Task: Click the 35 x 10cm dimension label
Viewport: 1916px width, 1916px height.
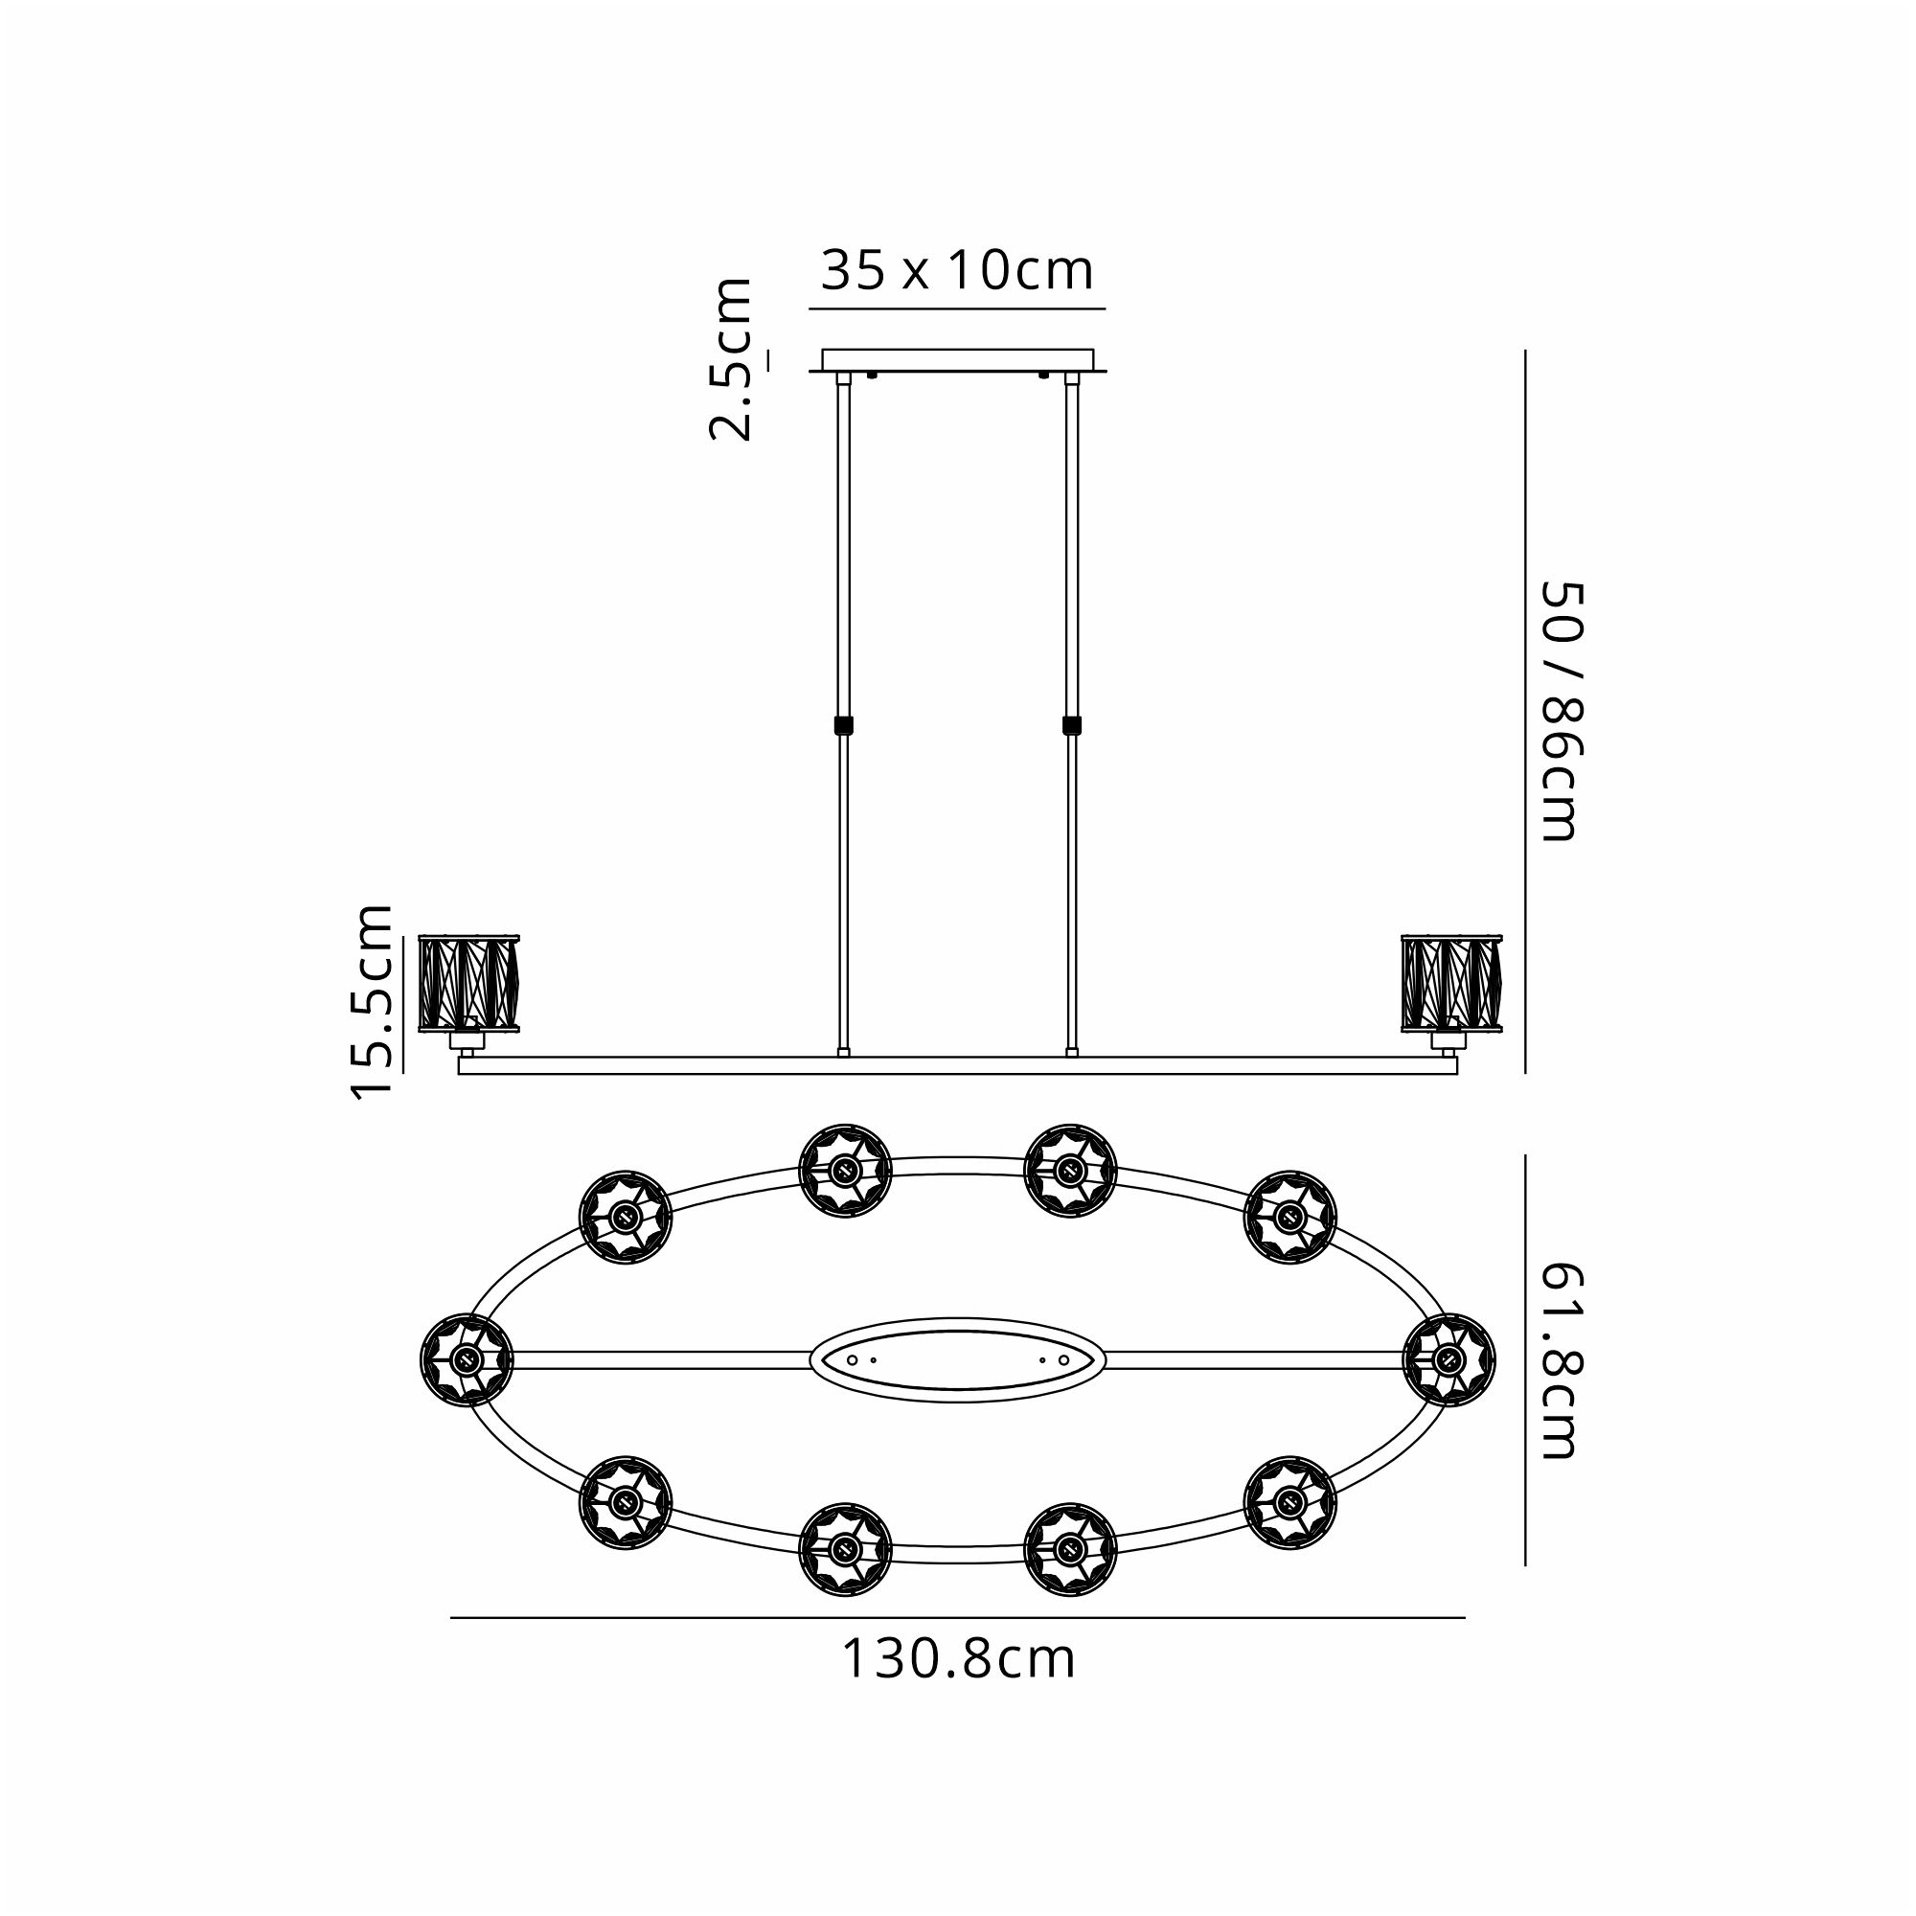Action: (x=957, y=270)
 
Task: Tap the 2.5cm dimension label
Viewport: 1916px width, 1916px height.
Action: (x=730, y=359)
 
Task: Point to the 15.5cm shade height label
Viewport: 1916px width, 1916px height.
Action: (x=373, y=1001)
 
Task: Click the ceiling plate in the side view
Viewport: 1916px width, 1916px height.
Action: (x=958, y=360)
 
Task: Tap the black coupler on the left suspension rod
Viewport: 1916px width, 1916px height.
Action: (x=844, y=725)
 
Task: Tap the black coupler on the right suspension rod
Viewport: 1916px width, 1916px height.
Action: (x=1071, y=725)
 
